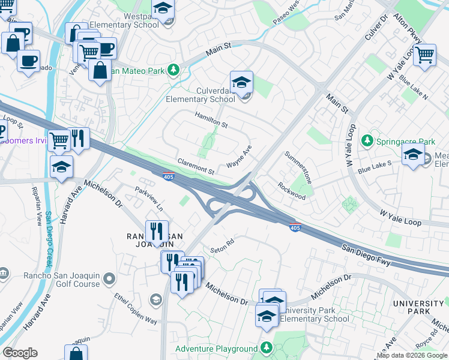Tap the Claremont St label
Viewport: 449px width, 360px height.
coord(196,166)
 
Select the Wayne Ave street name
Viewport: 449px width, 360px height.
coord(239,157)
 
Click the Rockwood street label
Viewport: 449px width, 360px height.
coord(292,191)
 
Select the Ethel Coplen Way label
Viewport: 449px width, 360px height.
coord(136,308)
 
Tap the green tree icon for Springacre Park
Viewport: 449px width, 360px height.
coord(366,141)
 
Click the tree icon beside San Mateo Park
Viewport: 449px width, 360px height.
coord(173,70)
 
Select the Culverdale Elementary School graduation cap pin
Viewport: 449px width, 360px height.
coord(241,83)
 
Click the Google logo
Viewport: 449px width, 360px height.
coord(20,352)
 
